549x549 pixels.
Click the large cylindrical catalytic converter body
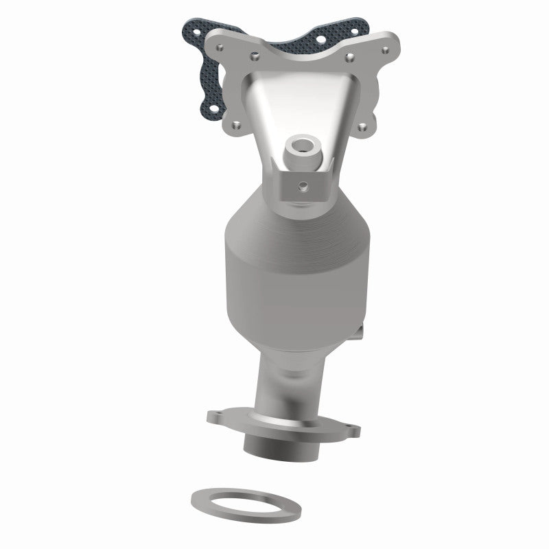[x=288, y=274]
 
